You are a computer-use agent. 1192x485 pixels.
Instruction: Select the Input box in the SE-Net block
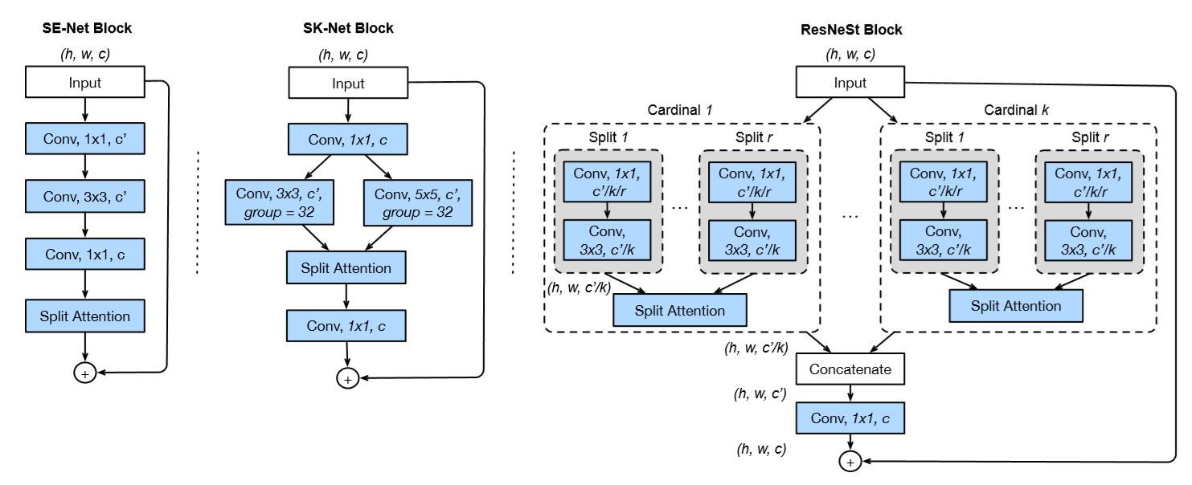click(85, 83)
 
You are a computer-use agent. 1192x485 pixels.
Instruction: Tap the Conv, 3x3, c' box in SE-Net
click(85, 194)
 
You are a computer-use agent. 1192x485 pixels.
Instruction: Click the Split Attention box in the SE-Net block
click(85, 316)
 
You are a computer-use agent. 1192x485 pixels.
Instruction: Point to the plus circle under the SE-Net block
click(85, 373)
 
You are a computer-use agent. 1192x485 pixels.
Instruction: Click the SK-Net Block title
click(347, 28)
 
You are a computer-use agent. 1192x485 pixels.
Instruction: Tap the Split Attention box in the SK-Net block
click(346, 267)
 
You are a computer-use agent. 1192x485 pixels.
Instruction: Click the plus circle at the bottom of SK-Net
click(347, 379)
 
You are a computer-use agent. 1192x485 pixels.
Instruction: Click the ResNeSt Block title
click(850, 30)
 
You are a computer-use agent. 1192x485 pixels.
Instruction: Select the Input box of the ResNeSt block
click(850, 83)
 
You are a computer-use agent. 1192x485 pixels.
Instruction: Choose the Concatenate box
click(850, 370)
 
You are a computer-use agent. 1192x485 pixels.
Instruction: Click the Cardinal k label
click(1016, 108)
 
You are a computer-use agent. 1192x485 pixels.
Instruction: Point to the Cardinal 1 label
click(680, 108)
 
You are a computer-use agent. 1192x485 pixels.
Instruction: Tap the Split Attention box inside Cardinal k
click(1016, 306)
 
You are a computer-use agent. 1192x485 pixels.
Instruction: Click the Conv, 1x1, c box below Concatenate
click(850, 418)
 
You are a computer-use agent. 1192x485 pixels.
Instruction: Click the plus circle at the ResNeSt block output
click(850, 462)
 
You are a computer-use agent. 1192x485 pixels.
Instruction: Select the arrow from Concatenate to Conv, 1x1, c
click(850, 393)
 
